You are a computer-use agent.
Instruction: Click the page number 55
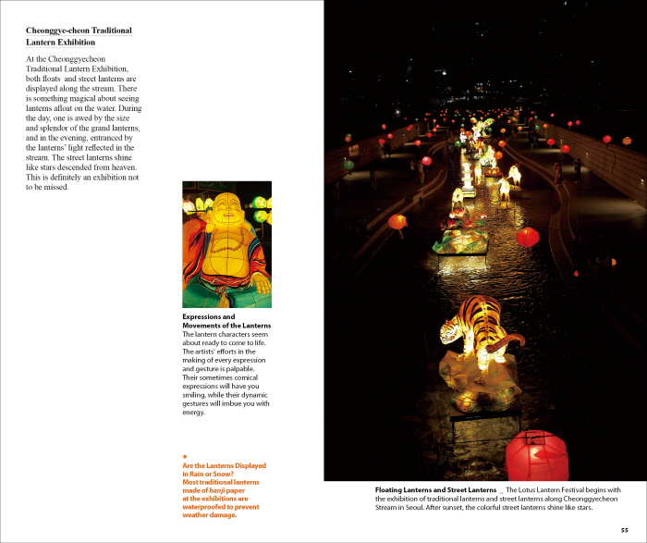(625, 529)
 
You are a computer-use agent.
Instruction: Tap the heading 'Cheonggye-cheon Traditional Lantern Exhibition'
(79, 36)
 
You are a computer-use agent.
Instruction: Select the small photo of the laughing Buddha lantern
(226, 244)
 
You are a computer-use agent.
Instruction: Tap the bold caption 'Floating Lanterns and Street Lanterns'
(435, 489)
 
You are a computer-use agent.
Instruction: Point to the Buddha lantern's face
(225, 215)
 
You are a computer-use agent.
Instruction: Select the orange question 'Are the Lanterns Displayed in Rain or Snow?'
(224, 469)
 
